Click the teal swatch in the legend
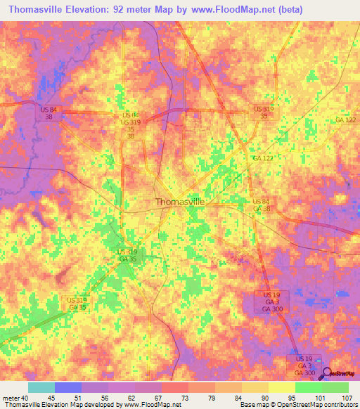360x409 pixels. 41,387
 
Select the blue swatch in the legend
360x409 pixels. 68,387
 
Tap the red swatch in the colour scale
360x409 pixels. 175,387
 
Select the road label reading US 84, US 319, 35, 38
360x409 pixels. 131,125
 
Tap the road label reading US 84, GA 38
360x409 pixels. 262,205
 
